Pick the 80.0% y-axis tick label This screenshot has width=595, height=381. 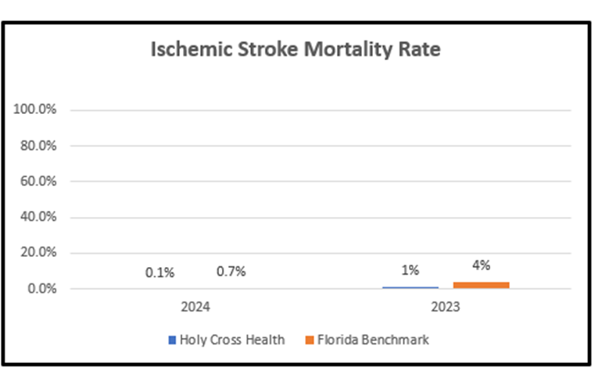38,146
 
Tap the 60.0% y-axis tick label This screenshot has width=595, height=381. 38,182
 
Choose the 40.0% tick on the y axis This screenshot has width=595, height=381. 38,218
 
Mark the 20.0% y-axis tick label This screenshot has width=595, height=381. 38,254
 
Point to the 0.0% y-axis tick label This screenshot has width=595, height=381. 41,290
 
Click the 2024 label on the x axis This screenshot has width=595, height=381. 195,308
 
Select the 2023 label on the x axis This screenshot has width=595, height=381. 446,308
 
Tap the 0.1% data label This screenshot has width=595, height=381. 160,272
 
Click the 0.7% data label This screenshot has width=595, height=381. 231,272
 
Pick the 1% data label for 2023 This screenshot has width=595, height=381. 410,271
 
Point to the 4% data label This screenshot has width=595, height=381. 482,265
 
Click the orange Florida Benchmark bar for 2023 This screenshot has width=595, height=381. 482,285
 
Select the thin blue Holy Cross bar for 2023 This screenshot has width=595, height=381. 410,287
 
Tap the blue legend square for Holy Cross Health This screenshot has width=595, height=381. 172,340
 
